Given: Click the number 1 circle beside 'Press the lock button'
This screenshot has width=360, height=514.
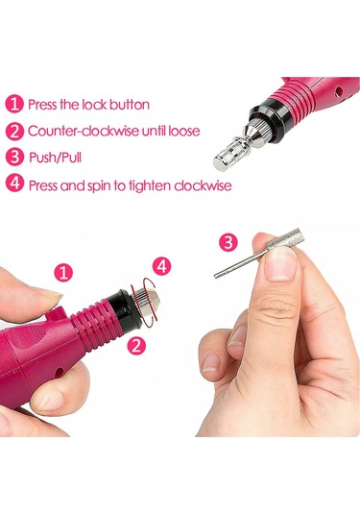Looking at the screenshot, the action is (14, 104).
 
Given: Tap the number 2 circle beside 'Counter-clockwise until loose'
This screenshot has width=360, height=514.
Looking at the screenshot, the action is (14, 131).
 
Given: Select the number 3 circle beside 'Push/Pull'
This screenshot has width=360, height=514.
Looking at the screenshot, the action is (14, 157).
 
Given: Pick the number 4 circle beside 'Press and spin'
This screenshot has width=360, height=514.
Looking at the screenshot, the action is (14, 184).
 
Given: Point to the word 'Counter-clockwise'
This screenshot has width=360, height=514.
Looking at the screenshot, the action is (84, 131).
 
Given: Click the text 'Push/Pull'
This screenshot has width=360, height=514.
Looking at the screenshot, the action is (55, 158).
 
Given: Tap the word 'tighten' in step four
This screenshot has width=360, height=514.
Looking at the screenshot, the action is (150, 185).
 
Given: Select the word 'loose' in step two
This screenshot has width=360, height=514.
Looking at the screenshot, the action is (183, 131).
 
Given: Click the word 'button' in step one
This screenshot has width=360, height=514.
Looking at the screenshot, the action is (130, 105).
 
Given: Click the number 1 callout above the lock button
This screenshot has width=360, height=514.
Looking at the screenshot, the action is (63, 273).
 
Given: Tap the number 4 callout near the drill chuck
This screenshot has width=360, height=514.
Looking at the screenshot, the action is (162, 266).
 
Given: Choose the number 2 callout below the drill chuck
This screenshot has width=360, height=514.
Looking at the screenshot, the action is (136, 345).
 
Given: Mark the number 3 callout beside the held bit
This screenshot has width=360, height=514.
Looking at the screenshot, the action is (228, 242).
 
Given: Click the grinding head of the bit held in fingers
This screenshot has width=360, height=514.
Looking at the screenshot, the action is (282, 240).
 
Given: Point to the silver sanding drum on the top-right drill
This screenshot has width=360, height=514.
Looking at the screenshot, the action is (231, 153).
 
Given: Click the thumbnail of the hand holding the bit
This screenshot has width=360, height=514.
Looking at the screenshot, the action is (280, 264).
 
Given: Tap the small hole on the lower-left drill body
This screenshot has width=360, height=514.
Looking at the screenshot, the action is (59, 372).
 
